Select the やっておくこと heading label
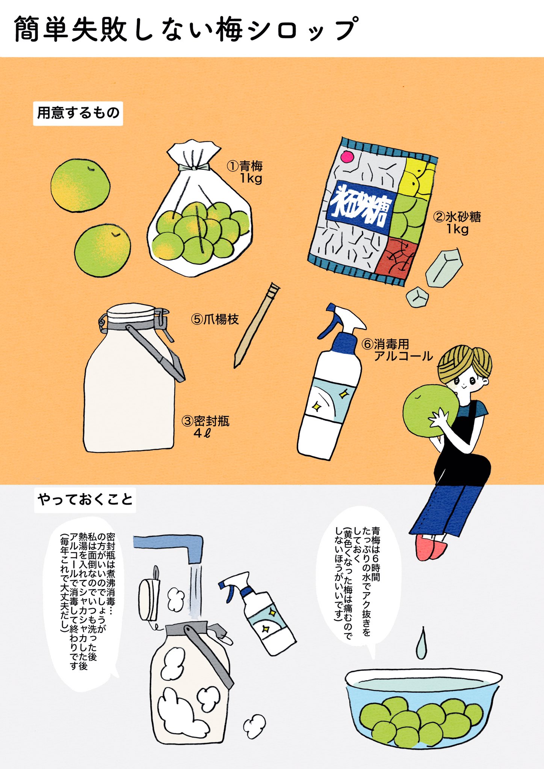[85, 500]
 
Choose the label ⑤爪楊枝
[215, 320]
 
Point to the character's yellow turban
[464, 363]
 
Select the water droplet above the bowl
[422, 645]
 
